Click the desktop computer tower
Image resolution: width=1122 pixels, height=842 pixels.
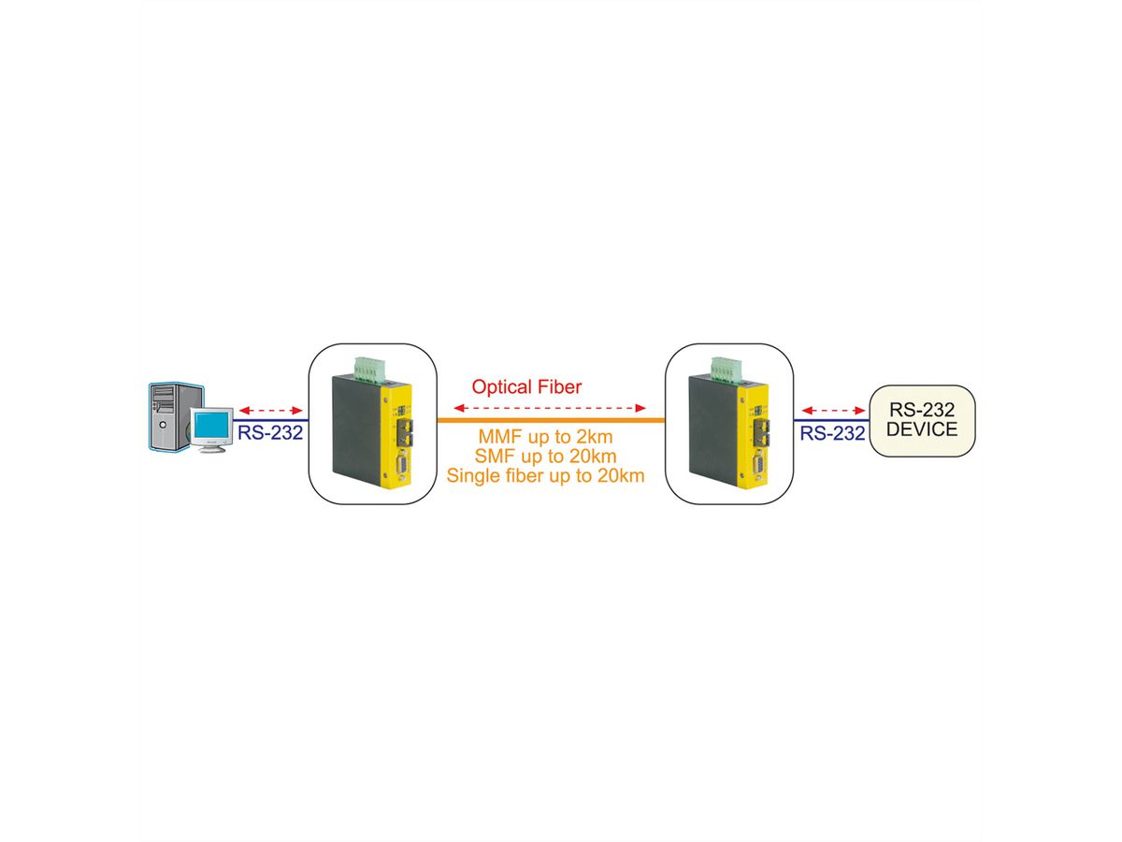click(x=169, y=416)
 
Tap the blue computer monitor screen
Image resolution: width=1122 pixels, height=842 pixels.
click(x=212, y=425)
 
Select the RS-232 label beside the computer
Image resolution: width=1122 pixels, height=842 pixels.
click(x=270, y=432)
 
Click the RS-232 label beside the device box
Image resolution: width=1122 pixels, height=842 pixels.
click(x=830, y=432)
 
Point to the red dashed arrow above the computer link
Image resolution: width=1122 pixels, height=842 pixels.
click(x=270, y=411)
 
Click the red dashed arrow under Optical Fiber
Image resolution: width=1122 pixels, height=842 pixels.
click(x=550, y=408)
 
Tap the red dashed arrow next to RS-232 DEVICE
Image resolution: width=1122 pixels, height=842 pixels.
click(x=834, y=411)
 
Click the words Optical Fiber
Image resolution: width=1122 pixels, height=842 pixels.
click(x=526, y=386)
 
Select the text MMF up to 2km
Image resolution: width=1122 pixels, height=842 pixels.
click(x=547, y=437)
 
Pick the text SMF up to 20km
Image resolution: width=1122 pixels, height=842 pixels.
click(x=547, y=457)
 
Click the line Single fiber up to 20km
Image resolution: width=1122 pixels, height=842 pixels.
click(x=547, y=476)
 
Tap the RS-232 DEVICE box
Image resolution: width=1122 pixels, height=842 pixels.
click(x=922, y=420)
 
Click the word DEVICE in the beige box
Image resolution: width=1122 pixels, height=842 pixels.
click(x=922, y=430)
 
